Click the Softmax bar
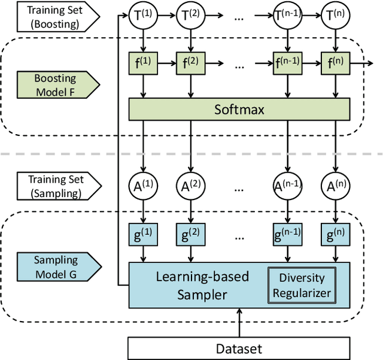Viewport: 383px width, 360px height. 239,109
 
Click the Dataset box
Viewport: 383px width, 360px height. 238,348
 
